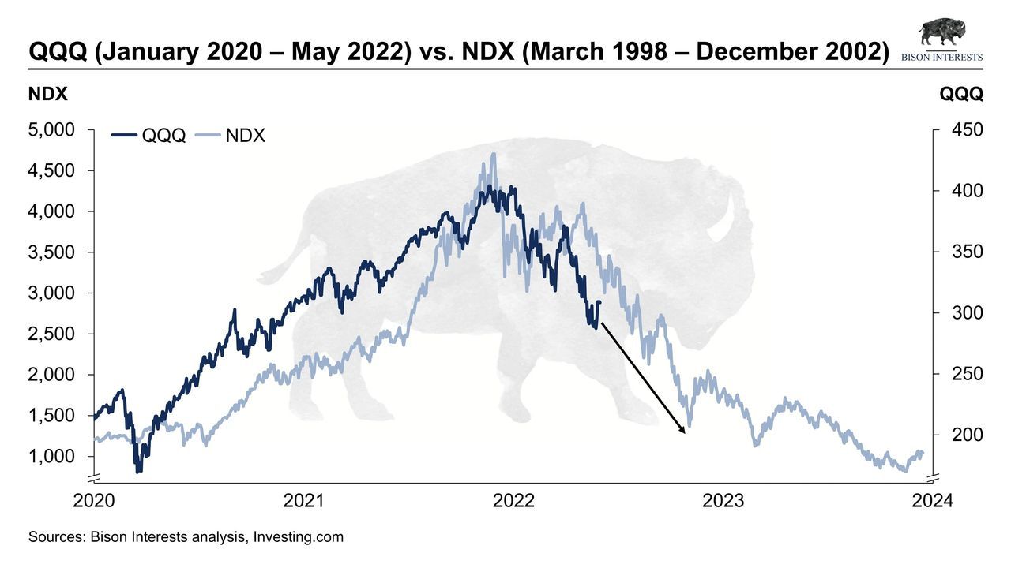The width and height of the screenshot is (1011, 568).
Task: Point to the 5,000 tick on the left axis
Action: [x=51, y=129]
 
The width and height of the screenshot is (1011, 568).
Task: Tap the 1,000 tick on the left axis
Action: [x=51, y=457]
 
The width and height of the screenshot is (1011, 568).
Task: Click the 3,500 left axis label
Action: [x=51, y=252]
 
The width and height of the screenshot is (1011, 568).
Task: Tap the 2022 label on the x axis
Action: [x=513, y=501]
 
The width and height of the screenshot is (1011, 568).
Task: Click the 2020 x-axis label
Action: [x=94, y=501]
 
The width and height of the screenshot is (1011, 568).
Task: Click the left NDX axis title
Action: [x=48, y=94]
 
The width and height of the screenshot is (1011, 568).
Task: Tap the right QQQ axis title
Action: [x=961, y=94]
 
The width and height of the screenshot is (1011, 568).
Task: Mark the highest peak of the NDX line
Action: [x=494, y=155]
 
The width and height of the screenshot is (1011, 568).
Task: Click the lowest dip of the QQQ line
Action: [x=139, y=471]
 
